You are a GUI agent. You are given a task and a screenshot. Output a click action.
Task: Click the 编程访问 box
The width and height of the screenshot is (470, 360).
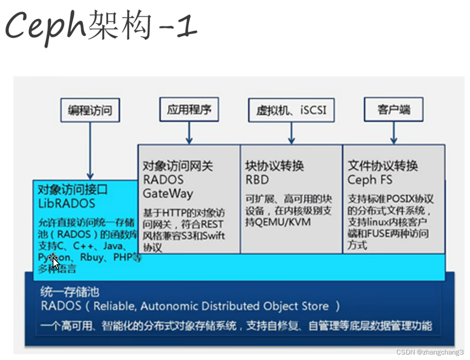pyautogui.click(x=90, y=111)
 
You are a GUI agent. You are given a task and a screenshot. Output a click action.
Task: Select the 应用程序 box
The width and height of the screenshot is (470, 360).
pyautogui.click(x=189, y=110)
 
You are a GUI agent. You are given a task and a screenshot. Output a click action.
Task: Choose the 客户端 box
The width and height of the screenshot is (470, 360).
pyautogui.click(x=393, y=110)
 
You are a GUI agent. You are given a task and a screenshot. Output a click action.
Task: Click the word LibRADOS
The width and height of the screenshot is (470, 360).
pyautogui.click(x=66, y=204)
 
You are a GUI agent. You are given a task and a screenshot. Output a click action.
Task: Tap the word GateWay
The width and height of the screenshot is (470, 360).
pyautogui.click(x=168, y=194)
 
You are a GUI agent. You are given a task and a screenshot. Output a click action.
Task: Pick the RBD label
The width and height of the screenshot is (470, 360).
pyautogui.click(x=257, y=180)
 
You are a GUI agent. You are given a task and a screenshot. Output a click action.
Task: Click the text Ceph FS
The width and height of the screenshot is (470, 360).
pyautogui.click(x=370, y=180)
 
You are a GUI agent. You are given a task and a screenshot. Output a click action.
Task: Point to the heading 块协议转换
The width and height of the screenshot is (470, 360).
pyautogui.click(x=274, y=166)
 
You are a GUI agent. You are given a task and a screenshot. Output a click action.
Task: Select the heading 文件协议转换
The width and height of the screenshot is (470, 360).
pyautogui.click(x=382, y=166)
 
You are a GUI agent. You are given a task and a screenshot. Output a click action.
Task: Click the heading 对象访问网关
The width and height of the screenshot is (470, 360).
pyautogui.click(x=178, y=166)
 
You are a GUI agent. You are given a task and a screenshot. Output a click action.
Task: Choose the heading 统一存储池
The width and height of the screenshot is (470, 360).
pyautogui.click(x=70, y=291)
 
